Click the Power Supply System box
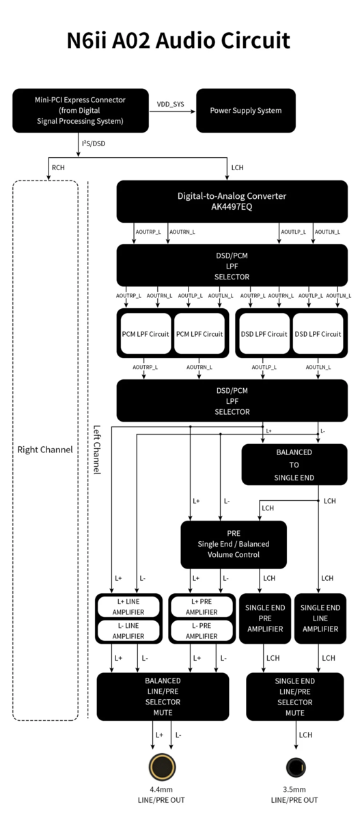coord(246,111)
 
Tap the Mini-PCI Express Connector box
coord(81,111)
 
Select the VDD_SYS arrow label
coord(171,105)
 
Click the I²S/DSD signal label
coord(94,143)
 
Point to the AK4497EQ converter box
coord(232,202)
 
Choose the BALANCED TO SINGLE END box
coord(294,465)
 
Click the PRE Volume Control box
coord(234,545)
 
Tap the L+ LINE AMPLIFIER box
coord(128,607)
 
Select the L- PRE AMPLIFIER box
coord(202,631)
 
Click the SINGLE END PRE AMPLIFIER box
coord(265,618)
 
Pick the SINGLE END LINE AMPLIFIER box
coord(320,618)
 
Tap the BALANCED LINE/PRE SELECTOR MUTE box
coord(163,696)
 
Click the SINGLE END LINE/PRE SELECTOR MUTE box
coord(295,696)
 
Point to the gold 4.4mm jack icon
coord(162,767)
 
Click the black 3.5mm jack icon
coord(296,767)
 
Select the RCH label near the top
coord(58,167)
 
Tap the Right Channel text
coord(45,450)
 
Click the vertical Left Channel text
coord(96,450)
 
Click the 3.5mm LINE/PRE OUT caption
coord(294,794)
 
